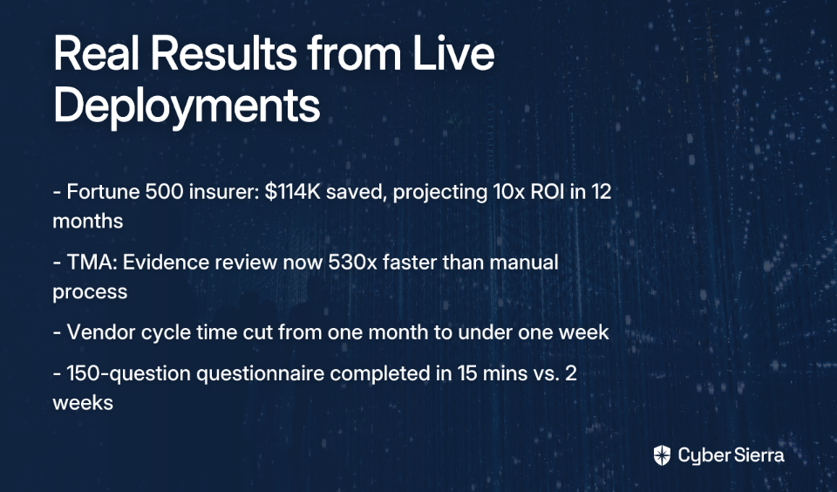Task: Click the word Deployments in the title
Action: tap(187, 106)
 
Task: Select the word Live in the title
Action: tap(453, 53)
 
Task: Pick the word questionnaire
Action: tap(260, 373)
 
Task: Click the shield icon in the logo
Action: tap(662, 455)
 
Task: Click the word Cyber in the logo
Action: tap(704, 456)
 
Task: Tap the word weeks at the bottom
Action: tap(83, 403)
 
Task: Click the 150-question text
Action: tap(129, 373)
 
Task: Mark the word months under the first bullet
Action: tap(87, 222)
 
